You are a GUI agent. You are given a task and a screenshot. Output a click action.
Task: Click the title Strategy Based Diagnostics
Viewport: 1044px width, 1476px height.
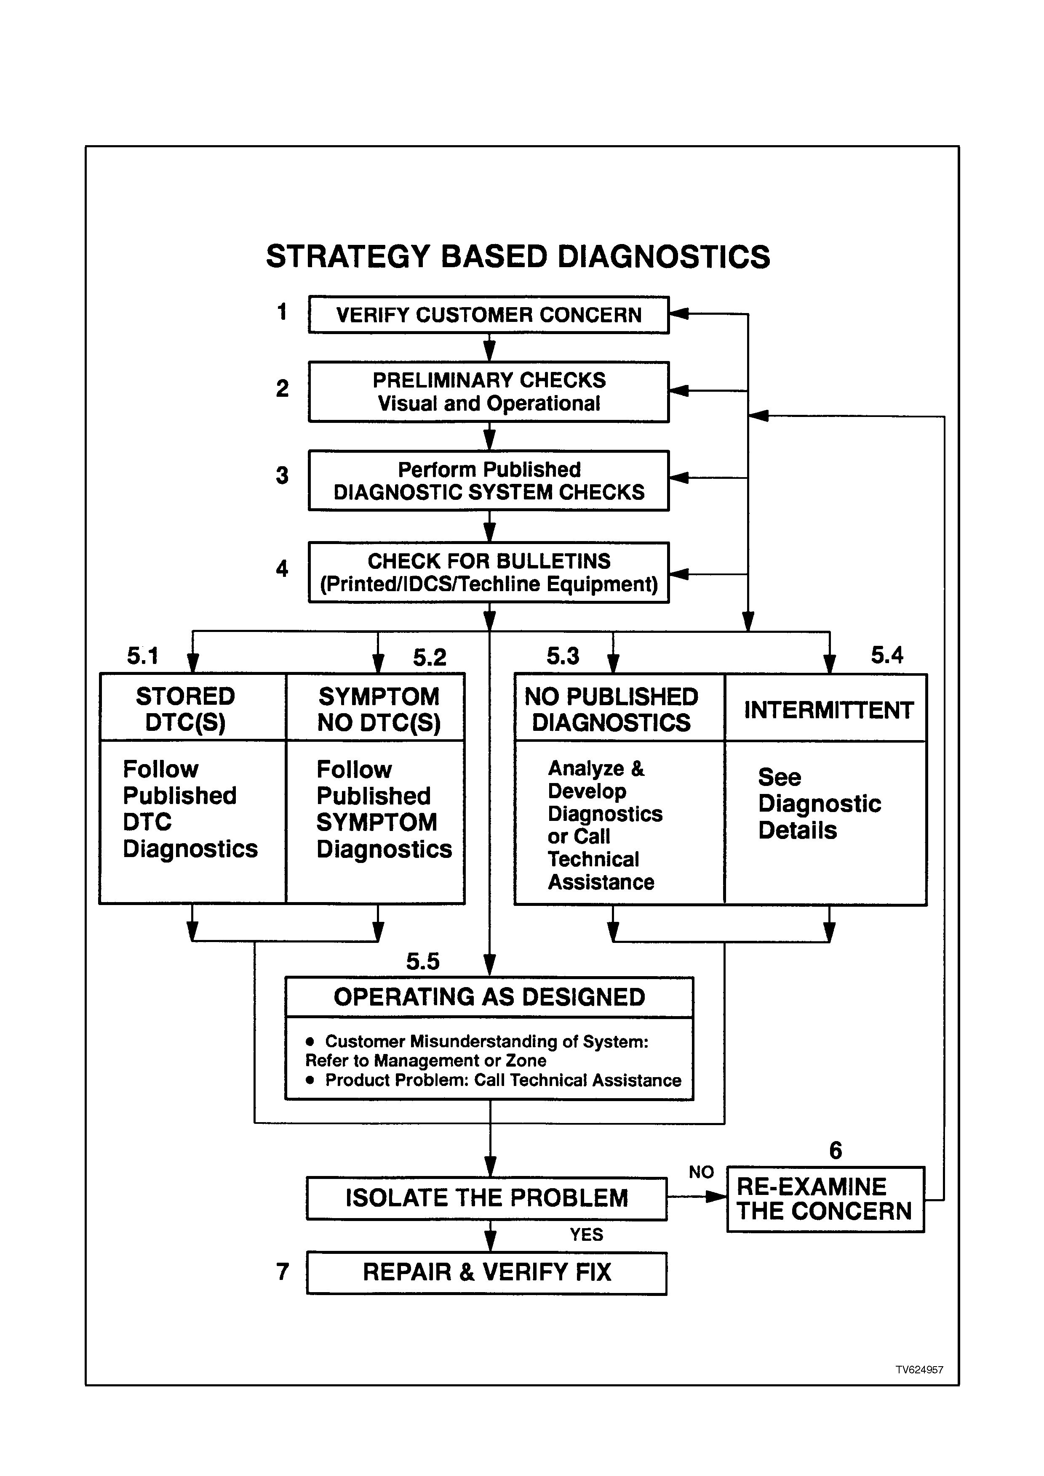click(x=518, y=257)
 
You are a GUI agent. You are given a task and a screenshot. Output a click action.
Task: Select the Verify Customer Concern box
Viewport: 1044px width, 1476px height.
click(x=489, y=314)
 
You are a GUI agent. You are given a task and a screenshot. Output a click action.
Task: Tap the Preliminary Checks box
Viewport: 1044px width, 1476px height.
click(x=489, y=391)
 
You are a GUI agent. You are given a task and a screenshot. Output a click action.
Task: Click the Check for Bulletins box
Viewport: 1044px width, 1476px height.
click(x=489, y=572)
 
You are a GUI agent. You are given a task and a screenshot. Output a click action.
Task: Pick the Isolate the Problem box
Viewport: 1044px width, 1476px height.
click(x=486, y=1198)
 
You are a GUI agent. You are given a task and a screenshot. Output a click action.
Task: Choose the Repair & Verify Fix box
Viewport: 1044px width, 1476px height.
click(x=486, y=1272)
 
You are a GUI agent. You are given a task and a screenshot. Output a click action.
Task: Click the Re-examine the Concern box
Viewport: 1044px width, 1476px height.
click(x=825, y=1199)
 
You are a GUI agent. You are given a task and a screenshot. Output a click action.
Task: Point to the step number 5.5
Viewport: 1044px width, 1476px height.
click(x=423, y=961)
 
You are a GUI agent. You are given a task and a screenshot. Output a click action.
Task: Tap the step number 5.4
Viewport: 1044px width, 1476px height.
click(x=887, y=655)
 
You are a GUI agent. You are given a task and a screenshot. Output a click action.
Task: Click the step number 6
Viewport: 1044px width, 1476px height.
click(x=836, y=1150)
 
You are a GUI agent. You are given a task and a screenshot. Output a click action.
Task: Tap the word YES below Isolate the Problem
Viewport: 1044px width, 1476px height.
click(x=586, y=1234)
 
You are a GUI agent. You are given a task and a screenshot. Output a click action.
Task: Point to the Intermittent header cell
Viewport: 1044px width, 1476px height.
click(x=826, y=708)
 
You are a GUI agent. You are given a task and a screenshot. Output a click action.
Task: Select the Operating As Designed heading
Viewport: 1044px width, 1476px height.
click(x=489, y=997)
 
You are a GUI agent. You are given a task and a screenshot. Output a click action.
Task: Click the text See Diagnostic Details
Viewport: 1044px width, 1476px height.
click(x=819, y=804)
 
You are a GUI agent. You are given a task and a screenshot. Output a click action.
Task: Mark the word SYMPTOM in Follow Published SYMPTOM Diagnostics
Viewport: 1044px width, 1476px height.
click(x=376, y=822)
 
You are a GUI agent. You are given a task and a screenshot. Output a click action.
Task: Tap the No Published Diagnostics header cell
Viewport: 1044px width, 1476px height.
click(x=620, y=708)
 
